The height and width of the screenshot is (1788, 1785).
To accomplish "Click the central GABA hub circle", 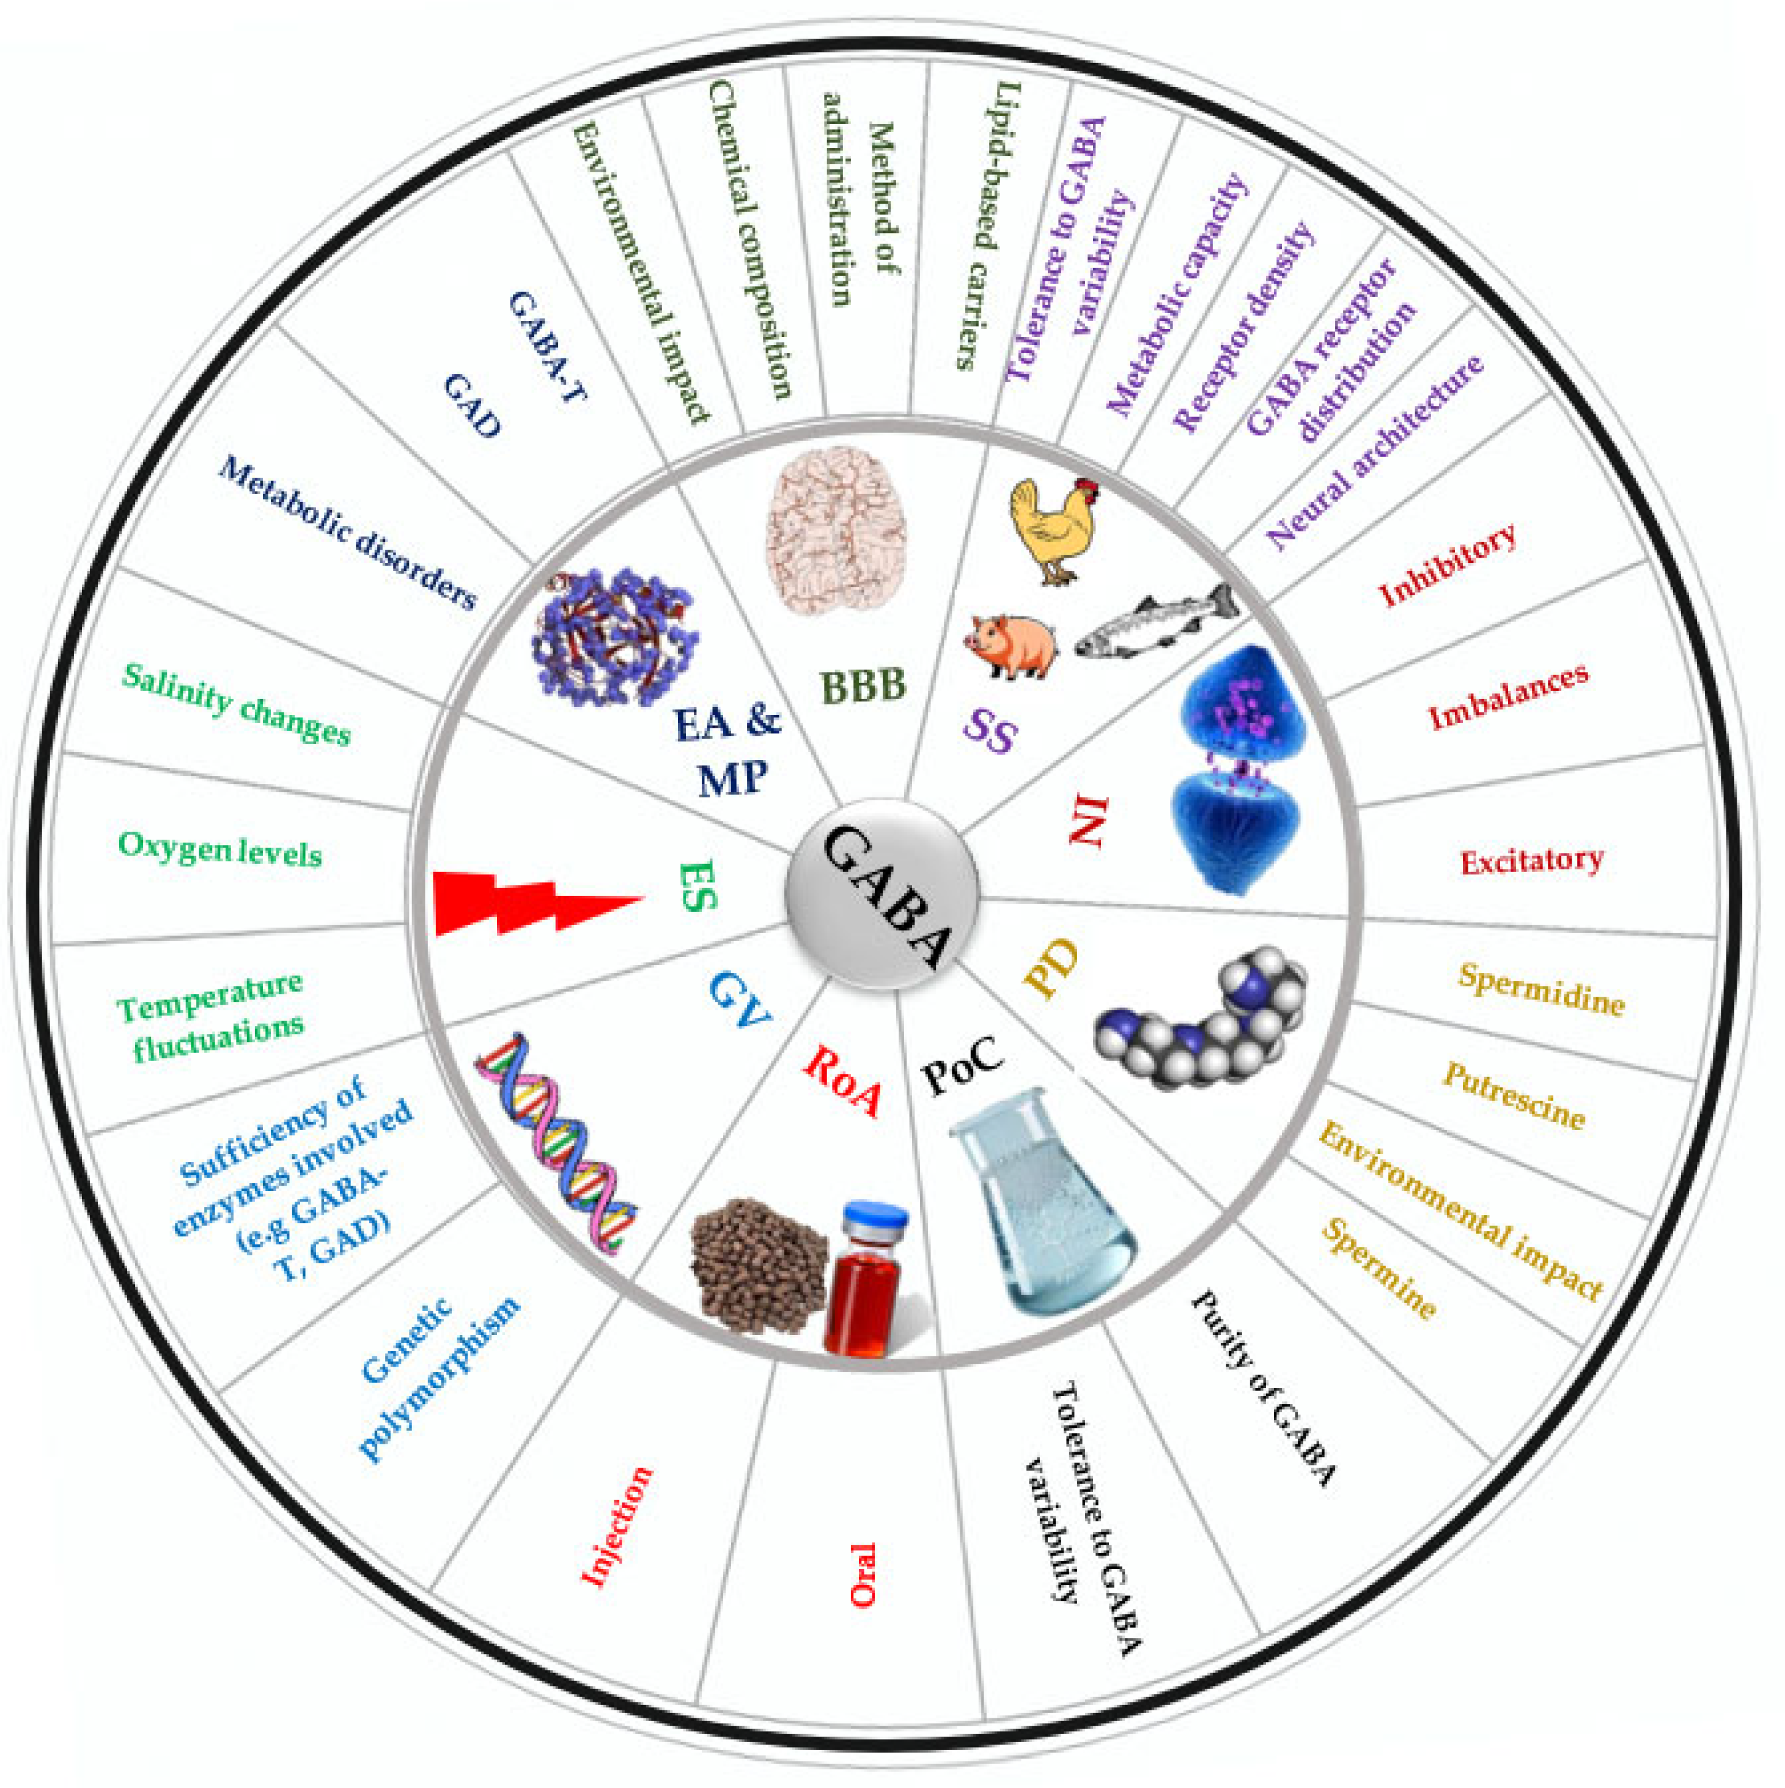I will point(882,896).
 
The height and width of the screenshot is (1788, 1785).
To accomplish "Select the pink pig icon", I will point(1010,644).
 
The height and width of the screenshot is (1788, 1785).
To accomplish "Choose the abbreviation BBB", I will point(863,685).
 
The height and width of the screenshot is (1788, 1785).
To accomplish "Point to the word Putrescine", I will point(1514,1096).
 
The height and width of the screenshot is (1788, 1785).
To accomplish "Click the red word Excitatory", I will point(1531,861).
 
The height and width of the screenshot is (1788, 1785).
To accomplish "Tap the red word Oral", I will point(863,1574).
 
